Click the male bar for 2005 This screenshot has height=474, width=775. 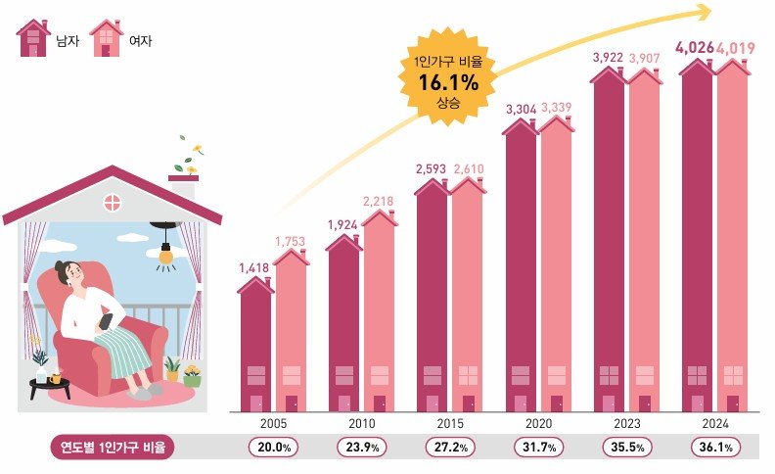click(x=255, y=348)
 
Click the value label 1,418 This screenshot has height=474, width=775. click(x=254, y=266)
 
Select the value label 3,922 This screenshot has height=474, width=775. click(x=608, y=57)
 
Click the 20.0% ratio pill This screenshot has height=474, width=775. click(x=273, y=448)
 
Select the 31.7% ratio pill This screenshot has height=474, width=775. click(x=536, y=448)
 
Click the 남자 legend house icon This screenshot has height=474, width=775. click(x=33, y=40)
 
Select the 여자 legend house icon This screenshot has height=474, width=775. click(x=106, y=40)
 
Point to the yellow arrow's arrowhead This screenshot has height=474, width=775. click(x=702, y=12)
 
